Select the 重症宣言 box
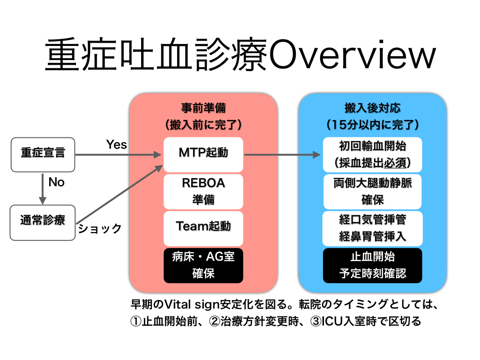(x=43, y=153)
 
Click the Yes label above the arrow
(x=116, y=145)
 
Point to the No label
(x=56, y=182)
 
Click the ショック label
(x=100, y=229)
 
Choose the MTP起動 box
(x=203, y=154)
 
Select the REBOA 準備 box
(x=203, y=191)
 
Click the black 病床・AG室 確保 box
(x=203, y=265)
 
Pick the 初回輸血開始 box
(x=373, y=154)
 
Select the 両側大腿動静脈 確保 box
(x=373, y=191)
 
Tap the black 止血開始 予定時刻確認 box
(x=373, y=265)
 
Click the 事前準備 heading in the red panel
(x=203, y=108)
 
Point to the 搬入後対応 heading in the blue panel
(x=373, y=108)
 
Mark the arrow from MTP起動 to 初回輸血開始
(x=281, y=154)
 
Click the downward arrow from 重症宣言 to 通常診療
(x=43, y=188)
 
